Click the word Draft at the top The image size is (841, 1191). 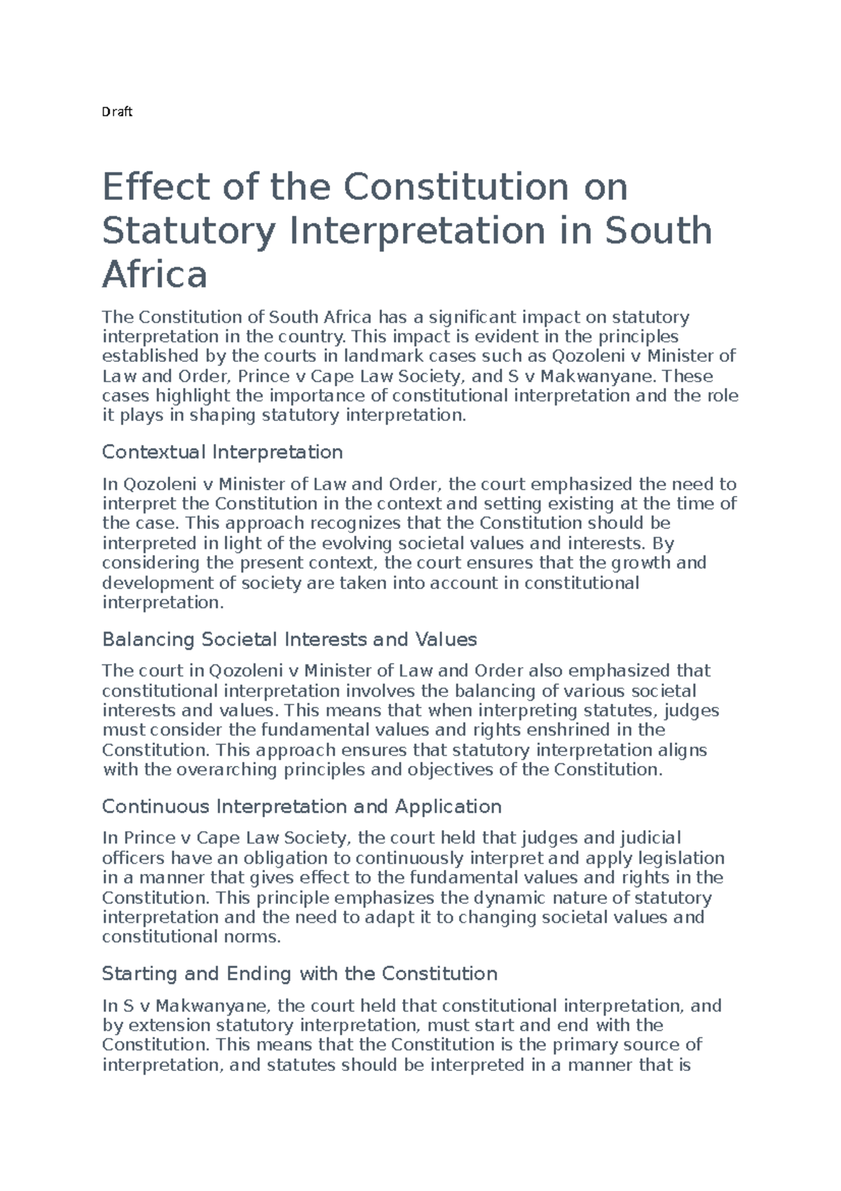[x=117, y=112]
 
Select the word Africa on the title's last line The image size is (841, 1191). [x=155, y=275]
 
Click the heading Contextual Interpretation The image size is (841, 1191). [x=222, y=452]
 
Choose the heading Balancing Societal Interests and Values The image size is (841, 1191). [x=289, y=639]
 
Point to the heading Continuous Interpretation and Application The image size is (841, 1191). [x=301, y=806]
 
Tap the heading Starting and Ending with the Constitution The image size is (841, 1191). [x=299, y=974]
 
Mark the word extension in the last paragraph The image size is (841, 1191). [x=168, y=1025]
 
